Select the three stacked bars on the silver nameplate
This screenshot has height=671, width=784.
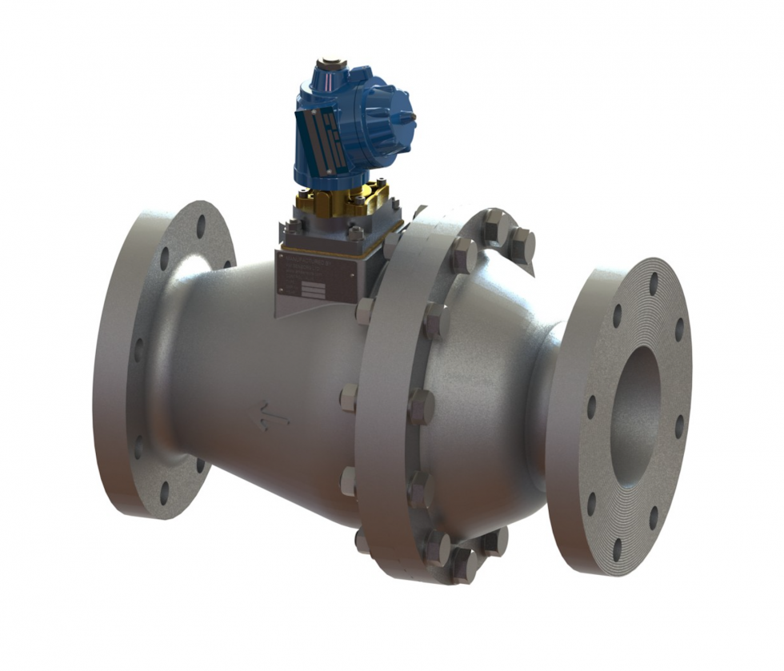coord(312,290)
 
